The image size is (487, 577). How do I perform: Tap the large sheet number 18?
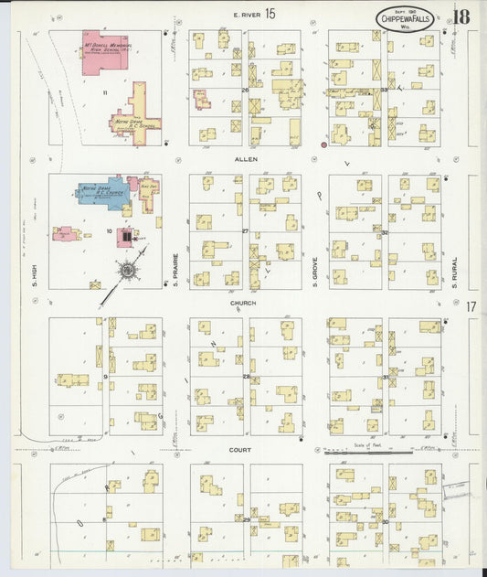(x=461, y=16)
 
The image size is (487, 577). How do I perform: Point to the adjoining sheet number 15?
(x=270, y=13)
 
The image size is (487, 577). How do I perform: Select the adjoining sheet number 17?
(x=471, y=307)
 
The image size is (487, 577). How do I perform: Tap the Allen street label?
(x=246, y=159)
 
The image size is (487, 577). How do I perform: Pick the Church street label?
(x=243, y=303)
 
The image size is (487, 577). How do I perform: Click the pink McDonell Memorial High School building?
(x=108, y=55)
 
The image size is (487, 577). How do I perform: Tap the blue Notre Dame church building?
(x=101, y=194)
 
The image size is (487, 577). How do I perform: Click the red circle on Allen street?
(x=323, y=144)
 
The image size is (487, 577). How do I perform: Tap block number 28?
(x=246, y=377)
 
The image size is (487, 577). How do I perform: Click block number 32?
(x=386, y=232)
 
